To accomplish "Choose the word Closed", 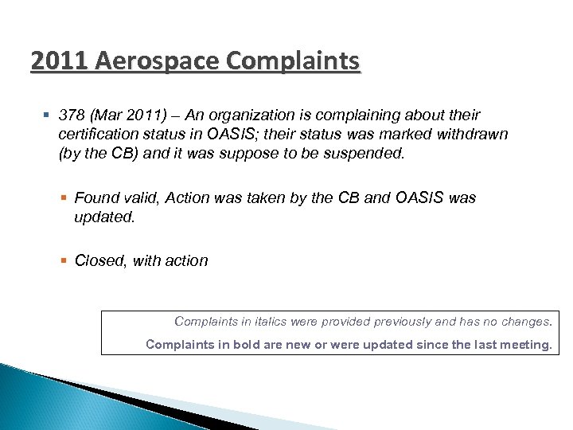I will pos(98,260).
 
